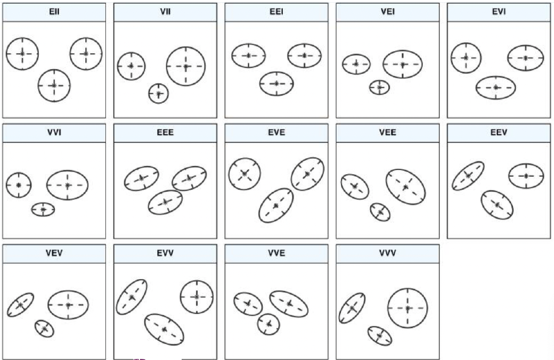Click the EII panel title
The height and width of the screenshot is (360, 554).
(54, 12)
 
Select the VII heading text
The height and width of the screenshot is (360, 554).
(165, 12)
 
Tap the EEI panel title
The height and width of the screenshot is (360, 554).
(276, 12)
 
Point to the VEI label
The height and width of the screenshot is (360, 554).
(388, 12)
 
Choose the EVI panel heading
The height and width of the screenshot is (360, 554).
(499, 12)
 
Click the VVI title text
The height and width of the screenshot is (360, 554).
(54, 133)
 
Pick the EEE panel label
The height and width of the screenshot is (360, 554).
(165, 133)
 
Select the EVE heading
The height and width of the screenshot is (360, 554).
(276, 133)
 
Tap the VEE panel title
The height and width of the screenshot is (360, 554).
(388, 133)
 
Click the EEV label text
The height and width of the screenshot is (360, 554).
(499, 133)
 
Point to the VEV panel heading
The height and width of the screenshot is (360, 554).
(54, 253)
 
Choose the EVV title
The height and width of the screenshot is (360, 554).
(165, 253)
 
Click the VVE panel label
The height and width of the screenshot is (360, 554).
(276, 253)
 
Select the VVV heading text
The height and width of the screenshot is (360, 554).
(388, 253)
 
